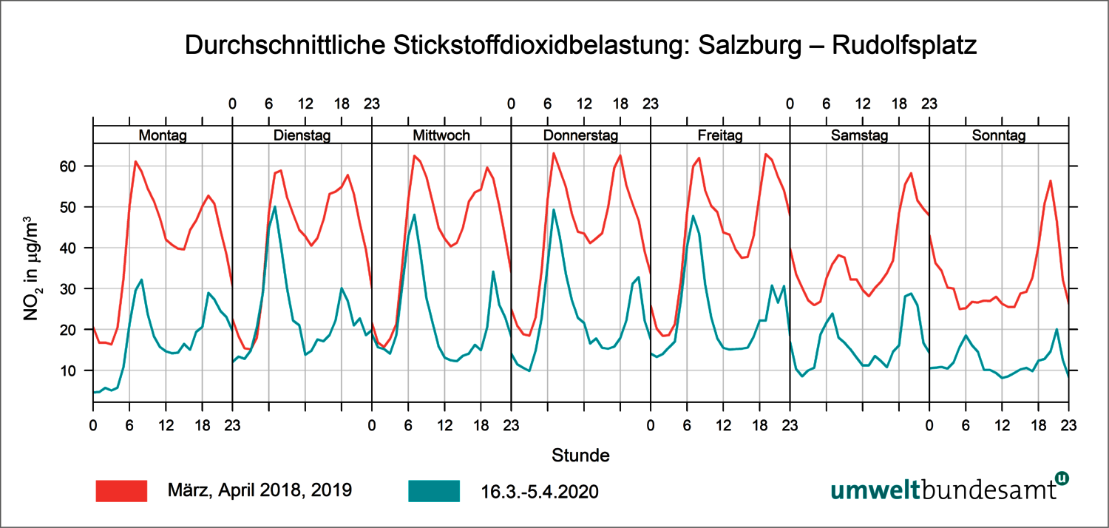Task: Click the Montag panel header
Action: coord(163,135)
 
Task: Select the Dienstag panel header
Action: coord(302,135)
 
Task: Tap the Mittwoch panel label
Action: coord(441,135)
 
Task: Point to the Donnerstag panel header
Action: coord(580,135)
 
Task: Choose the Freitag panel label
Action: coord(720,135)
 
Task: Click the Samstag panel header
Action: coord(859,135)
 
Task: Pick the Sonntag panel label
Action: coord(999,135)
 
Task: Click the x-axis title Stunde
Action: coord(580,455)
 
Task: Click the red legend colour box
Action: coord(122,490)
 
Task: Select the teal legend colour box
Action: coord(433,490)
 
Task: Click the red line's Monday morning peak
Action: coord(135,161)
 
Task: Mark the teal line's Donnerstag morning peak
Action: coord(554,209)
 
